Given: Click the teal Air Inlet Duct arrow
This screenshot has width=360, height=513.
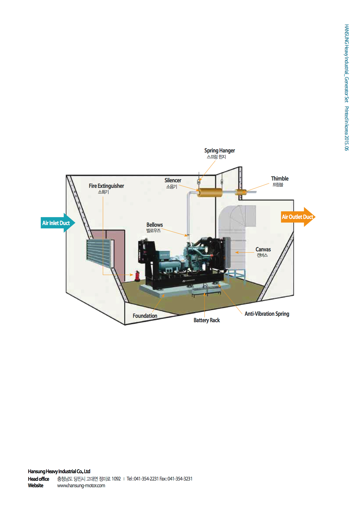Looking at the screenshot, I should (57, 223).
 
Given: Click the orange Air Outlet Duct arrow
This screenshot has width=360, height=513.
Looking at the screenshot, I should (297, 217).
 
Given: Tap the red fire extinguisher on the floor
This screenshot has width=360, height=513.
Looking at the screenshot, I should (137, 276).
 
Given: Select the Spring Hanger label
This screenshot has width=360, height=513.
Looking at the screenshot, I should (220, 151).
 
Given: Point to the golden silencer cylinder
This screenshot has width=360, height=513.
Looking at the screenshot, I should (210, 193).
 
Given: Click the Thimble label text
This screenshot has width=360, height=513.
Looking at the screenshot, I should (280, 179).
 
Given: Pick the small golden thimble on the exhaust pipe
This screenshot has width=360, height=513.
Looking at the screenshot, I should (241, 192).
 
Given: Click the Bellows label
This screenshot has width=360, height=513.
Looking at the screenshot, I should (155, 225).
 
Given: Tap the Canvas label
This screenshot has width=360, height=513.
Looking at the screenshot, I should (263, 249).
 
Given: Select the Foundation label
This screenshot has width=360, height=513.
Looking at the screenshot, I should (145, 316).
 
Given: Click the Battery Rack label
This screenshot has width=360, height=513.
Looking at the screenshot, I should (207, 320).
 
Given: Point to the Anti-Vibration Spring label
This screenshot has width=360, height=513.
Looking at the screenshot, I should (267, 314).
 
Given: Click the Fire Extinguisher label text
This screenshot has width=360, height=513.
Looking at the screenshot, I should (106, 186).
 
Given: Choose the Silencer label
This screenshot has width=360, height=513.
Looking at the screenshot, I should (173, 181).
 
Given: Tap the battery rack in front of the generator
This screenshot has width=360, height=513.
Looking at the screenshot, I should (206, 291).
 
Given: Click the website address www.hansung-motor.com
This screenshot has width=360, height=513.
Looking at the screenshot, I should (81, 485).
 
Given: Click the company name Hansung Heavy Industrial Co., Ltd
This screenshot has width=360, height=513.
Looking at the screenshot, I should (59, 471).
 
